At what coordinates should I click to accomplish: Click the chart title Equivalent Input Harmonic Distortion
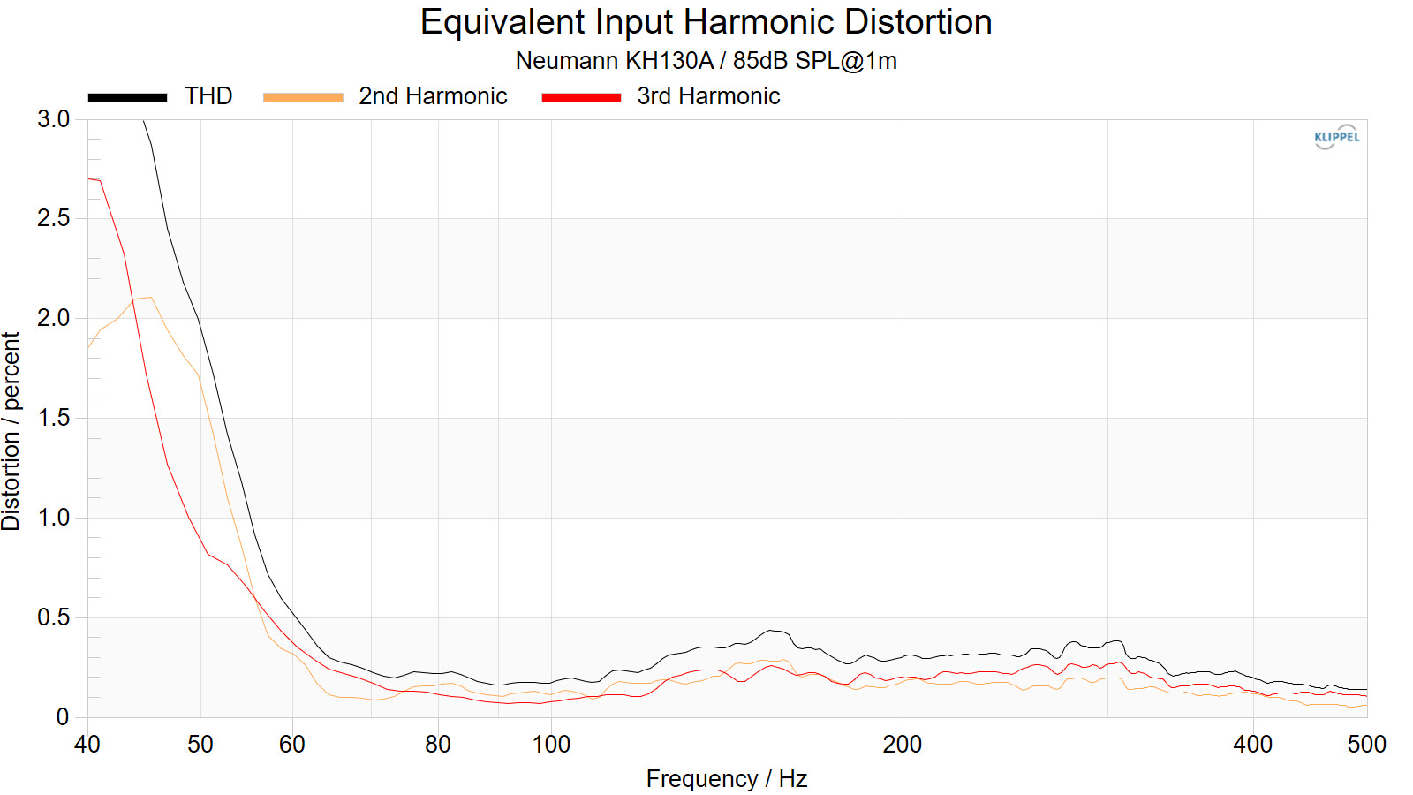click(706, 22)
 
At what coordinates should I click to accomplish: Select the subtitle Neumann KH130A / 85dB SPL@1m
click(706, 61)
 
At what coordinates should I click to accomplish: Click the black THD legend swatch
click(127, 97)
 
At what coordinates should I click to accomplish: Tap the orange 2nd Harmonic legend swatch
click(303, 97)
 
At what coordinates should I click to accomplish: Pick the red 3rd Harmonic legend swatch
click(581, 97)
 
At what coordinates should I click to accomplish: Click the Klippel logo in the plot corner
click(1336, 137)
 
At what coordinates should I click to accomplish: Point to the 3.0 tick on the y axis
click(53, 119)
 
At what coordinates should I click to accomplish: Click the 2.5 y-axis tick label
click(53, 218)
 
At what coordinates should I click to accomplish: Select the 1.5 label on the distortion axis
click(53, 418)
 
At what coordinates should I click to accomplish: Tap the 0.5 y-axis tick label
click(53, 617)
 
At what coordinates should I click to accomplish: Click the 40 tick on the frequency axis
click(87, 745)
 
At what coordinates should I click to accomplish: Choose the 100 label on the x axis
click(551, 745)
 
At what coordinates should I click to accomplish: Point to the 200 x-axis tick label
click(902, 745)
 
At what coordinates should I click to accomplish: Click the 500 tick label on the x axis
click(1366, 745)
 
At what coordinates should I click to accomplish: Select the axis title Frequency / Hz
click(726, 779)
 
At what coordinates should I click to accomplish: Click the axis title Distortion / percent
click(11, 431)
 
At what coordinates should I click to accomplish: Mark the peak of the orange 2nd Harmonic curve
click(151, 298)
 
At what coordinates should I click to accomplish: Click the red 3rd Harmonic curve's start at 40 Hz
click(89, 179)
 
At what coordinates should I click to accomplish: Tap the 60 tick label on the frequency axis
click(291, 745)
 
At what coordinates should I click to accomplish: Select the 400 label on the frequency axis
click(1252, 745)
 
